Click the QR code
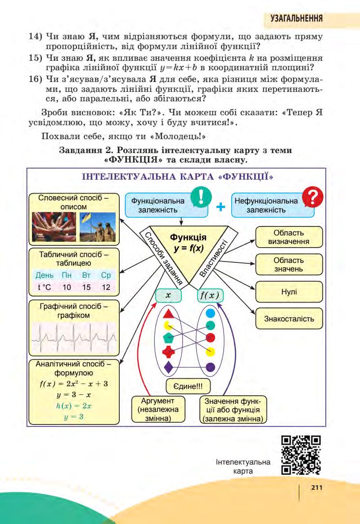pyautogui.click(x=301, y=456)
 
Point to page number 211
pyautogui.click(x=317, y=487)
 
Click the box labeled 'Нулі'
pyautogui.click(x=289, y=292)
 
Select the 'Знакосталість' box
pyautogui.click(x=289, y=319)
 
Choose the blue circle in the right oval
pyautogui.click(x=210, y=312)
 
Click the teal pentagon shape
pyautogui.click(x=168, y=338)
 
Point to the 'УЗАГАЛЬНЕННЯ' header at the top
pyautogui.click(x=296, y=18)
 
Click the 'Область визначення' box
pyautogui.click(x=289, y=237)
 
